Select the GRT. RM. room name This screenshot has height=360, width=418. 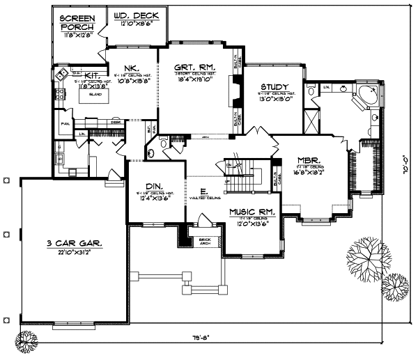coord(194,67)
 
